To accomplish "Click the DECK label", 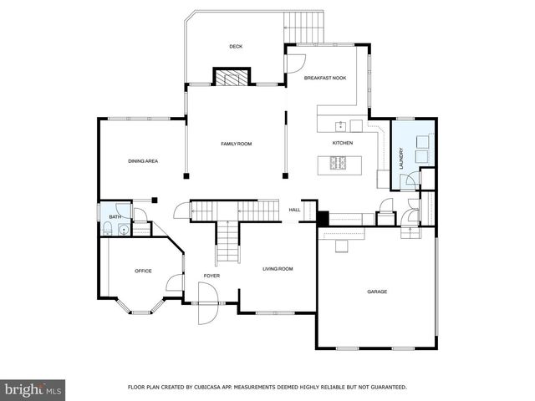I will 236,46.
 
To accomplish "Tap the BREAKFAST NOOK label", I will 325,78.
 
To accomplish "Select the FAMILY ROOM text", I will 236,144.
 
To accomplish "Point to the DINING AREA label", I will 143,160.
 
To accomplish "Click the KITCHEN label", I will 343,143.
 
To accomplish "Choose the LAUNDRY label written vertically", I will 401,159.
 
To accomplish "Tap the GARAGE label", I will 378,292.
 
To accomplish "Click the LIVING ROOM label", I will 278,268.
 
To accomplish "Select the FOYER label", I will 211,276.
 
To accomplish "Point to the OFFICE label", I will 143,271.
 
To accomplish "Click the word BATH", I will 115,217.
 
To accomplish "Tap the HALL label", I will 294,210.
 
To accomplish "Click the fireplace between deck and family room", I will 231,78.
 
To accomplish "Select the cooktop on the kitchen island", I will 342,163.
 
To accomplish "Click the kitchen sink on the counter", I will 341,126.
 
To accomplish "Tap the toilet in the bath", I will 109,230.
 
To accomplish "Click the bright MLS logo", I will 33,389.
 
